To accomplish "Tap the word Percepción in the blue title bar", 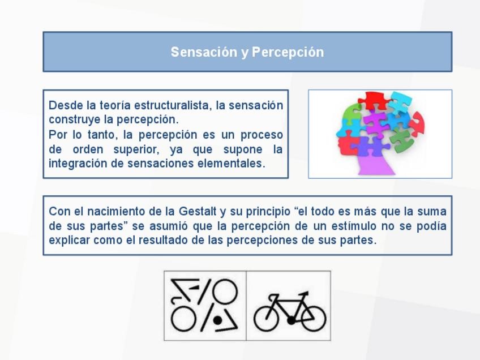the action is [288, 52].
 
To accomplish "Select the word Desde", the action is [66, 105].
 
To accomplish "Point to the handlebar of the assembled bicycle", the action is [303, 294].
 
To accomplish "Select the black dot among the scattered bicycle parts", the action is [218, 320].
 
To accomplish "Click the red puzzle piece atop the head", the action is [374, 100].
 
